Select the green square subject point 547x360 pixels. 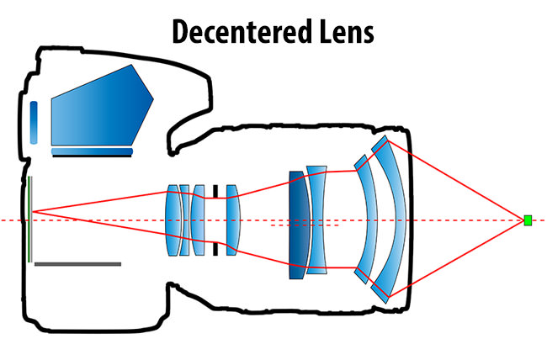click(528, 220)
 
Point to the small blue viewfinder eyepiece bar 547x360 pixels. click(34, 122)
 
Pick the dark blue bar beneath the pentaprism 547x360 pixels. click(92, 152)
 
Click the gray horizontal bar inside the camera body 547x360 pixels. click(77, 264)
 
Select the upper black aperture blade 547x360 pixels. click(216, 191)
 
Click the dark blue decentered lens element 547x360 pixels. click(295, 225)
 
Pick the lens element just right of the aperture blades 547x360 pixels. click(233, 220)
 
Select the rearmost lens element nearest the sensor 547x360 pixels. click(173, 220)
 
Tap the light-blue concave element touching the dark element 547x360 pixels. click(316, 219)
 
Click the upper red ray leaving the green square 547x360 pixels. click(459, 182)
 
